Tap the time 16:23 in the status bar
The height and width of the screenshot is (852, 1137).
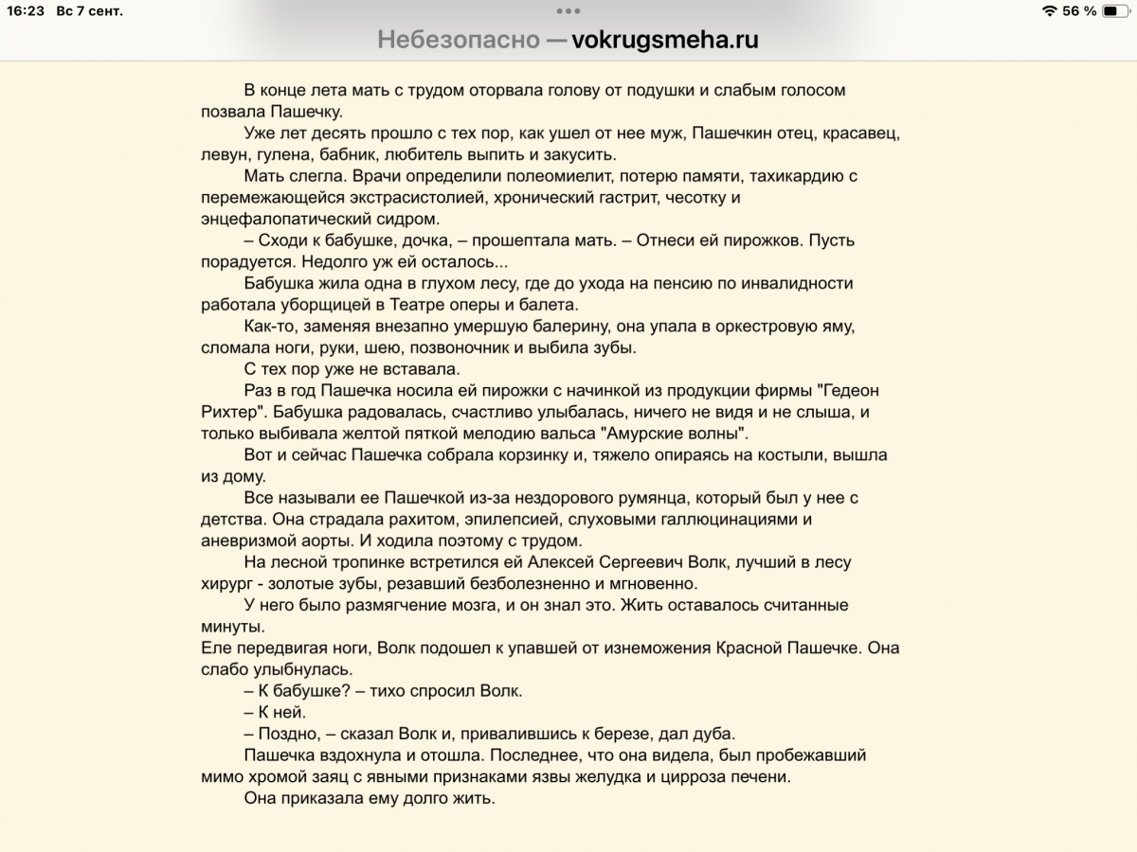pyautogui.click(x=20, y=11)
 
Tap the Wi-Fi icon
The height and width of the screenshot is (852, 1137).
pyautogui.click(x=1049, y=11)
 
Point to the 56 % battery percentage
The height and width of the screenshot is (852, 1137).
pyautogui.click(x=1079, y=11)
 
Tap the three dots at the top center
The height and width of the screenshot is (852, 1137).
pyautogui.click(x=568, y=11)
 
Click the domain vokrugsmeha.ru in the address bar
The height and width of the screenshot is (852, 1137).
pyautogui.click(x=665, y=40)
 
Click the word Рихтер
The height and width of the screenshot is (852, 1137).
pyautogui.click(x=230, y=412)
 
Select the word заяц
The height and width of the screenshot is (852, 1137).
pyautogui.click(x=338, y=777)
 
